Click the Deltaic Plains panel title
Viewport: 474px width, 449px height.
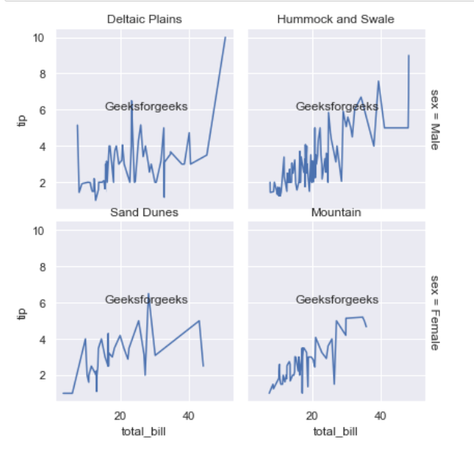144,18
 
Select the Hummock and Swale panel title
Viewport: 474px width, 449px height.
336,18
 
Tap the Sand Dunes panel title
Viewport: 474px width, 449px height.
144,212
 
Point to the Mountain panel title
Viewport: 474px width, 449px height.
336,212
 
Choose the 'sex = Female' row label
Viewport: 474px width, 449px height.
435,312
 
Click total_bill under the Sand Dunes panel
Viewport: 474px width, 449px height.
144,432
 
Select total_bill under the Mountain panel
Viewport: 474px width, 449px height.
336,432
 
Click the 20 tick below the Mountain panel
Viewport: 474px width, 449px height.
312,415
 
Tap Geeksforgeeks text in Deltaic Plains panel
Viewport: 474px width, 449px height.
146,107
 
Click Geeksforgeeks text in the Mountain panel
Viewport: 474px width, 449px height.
337,299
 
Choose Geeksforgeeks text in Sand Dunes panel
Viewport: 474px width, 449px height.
146,299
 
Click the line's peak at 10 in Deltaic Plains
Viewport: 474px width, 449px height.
225,37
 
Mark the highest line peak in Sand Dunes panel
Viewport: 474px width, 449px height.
148,294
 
